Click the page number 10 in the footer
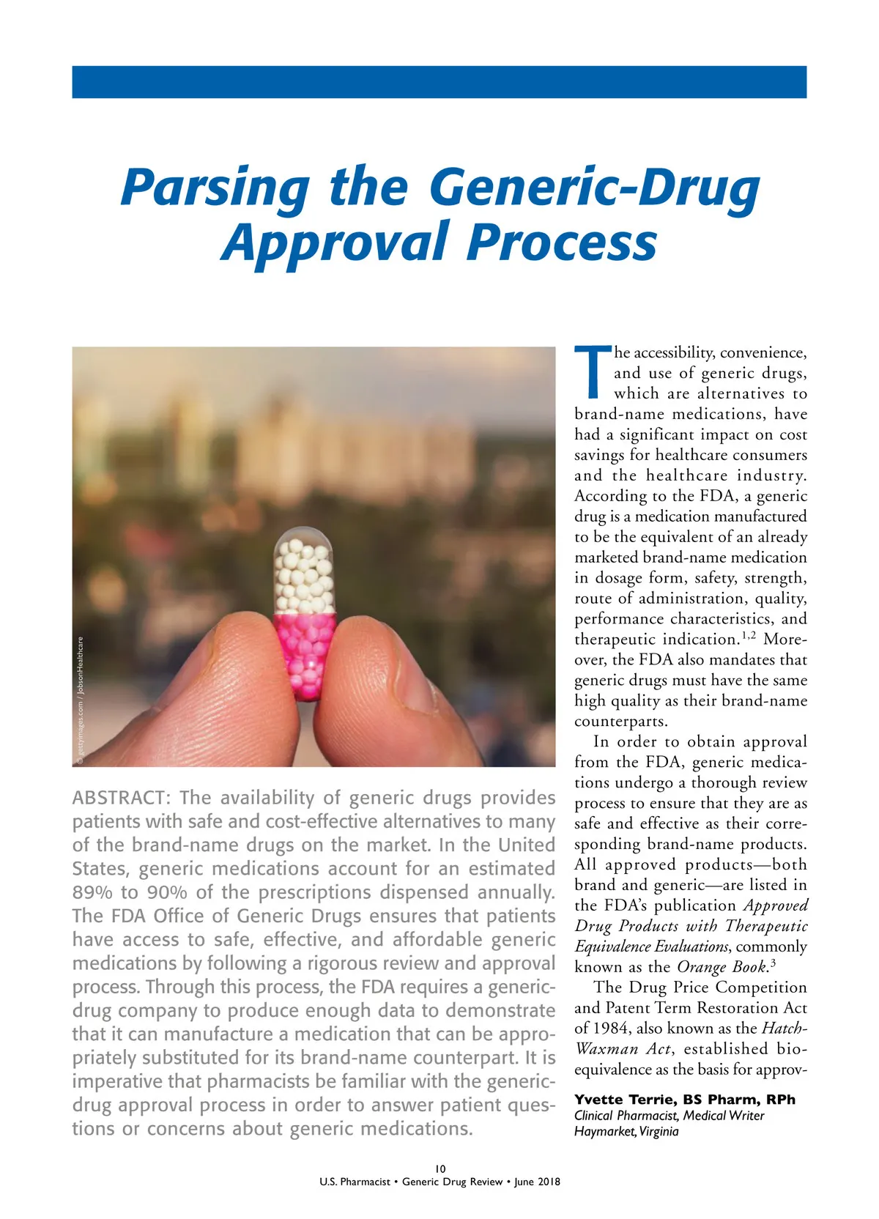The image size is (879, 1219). tap(439, 1168)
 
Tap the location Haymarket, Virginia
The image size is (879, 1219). tap(626, 1131)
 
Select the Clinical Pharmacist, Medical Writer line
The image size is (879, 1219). tap(669, 1116)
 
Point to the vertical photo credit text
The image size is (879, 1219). tap(80, 700)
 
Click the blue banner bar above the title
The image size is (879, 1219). tap(439, 81)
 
